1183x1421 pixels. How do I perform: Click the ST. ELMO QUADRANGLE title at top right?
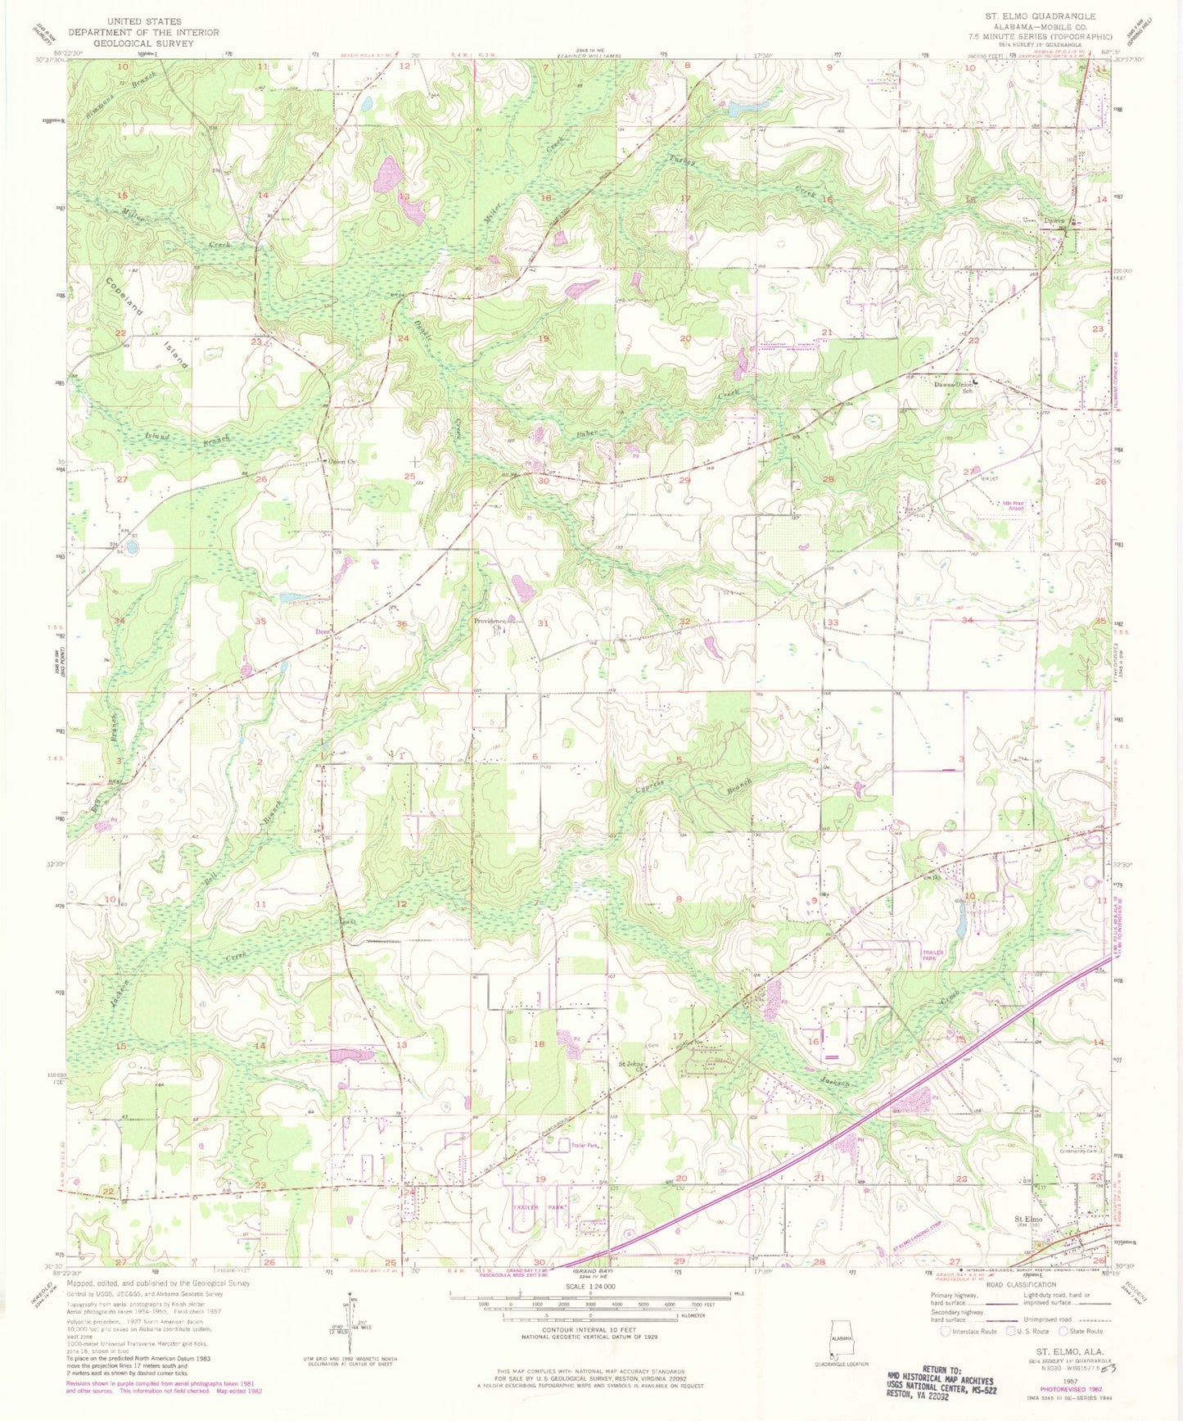(x=1042, y=16)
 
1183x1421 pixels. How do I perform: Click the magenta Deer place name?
(x=322, y=631)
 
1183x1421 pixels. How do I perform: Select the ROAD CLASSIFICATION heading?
(x=1010, y=1285)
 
